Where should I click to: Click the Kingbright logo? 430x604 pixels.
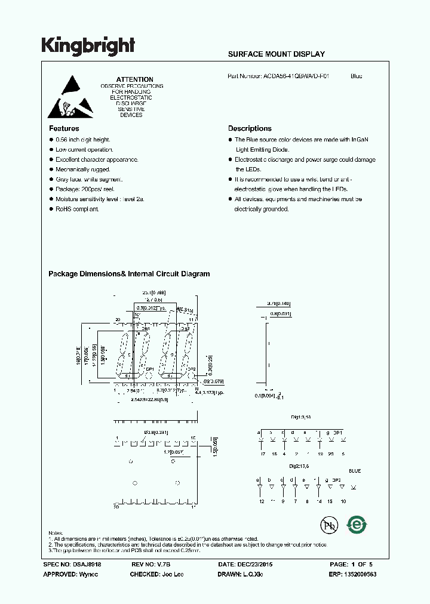coord(88,45)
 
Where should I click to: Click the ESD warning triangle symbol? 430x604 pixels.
coord(70,96)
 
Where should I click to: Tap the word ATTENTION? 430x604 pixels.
coord(134,79)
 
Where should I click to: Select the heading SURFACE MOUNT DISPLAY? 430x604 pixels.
coord(277,54)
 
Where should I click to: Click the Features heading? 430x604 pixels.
coord(63,128)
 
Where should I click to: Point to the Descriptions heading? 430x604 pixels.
coord(250,128)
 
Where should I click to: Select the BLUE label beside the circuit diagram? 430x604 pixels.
coord(355,471)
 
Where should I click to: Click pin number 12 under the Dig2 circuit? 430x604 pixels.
coord(260,502)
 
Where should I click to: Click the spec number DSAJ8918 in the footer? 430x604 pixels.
coord(93,564)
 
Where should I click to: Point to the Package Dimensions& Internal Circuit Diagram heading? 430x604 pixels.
coord(129,274)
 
